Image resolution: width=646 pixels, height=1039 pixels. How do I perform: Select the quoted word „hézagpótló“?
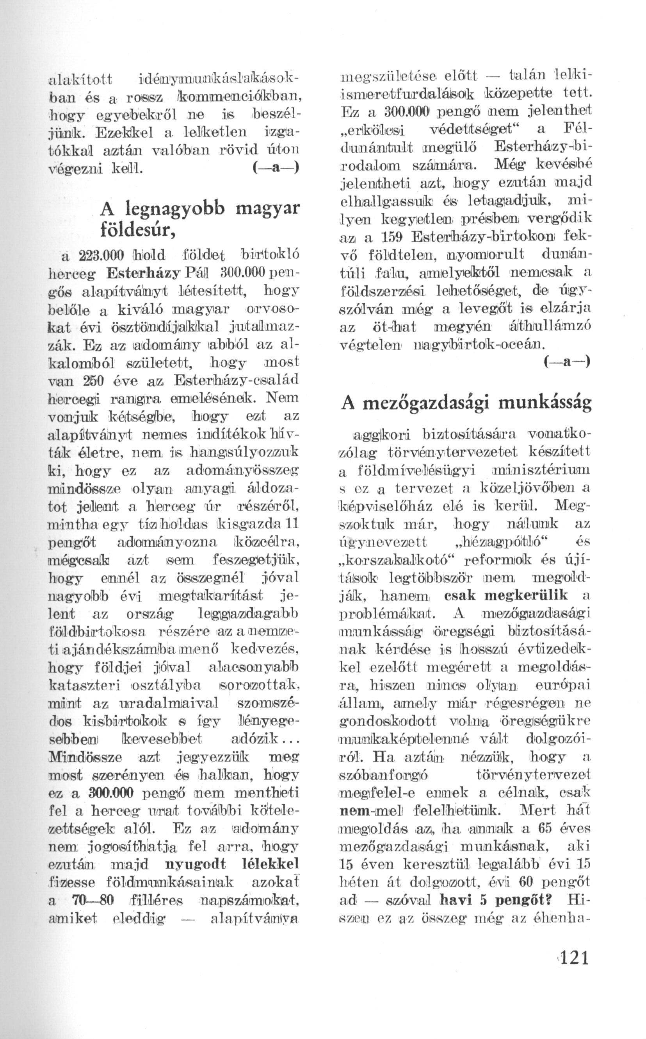[498, 542]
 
